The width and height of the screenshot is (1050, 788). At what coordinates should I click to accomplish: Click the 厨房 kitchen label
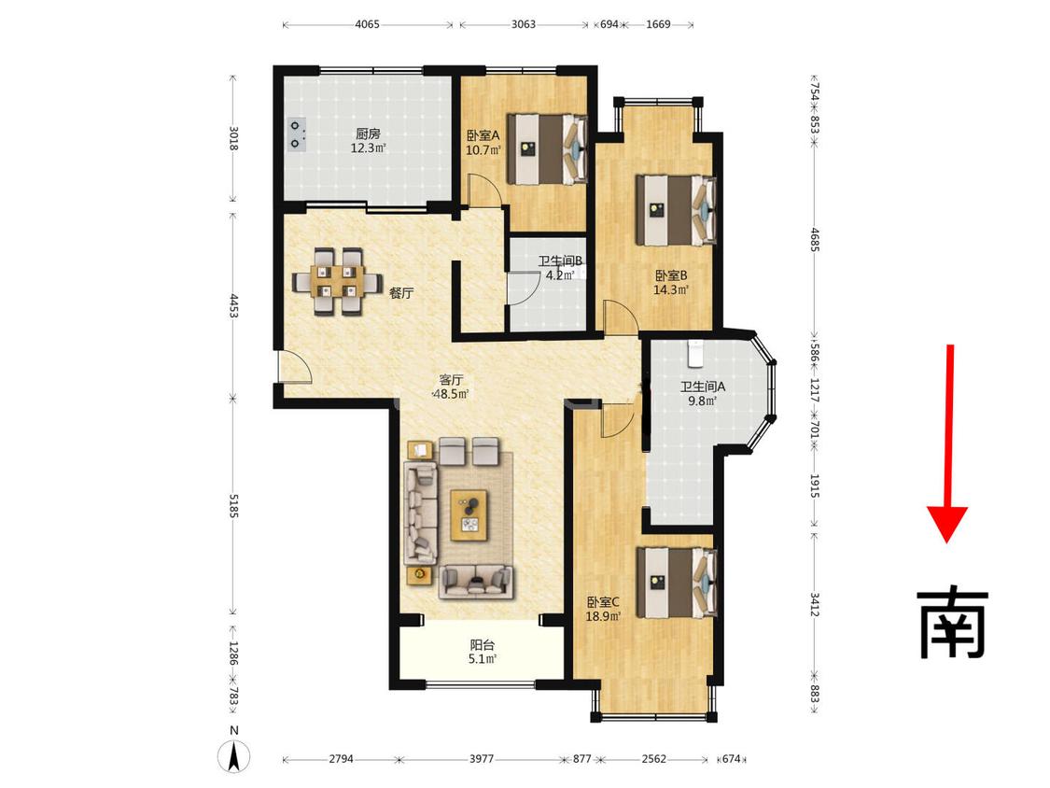coord(368,134)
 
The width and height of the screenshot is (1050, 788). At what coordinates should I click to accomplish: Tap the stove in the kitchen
coord(295,134)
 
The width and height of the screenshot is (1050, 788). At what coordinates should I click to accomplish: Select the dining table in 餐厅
coord(338,281)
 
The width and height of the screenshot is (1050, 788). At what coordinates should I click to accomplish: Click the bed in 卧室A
coord(547,148)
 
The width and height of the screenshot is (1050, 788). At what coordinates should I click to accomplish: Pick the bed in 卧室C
coord(677,583)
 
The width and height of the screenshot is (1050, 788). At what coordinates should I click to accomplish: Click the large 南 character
coord(952,624)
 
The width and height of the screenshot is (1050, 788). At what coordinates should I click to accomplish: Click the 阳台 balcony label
coord(483,645)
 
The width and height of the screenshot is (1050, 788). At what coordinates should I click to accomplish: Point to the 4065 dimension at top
coord(367,24)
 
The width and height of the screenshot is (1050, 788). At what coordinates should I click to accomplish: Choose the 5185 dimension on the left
coord(233,506)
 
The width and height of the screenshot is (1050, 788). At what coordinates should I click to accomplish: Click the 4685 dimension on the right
coord(814,239)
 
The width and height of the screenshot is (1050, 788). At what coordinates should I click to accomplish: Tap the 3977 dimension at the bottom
coord(481,758)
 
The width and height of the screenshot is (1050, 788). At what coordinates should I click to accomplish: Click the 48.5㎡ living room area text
coord(451,394)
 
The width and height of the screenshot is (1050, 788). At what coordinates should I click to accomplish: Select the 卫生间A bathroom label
coord(703,387)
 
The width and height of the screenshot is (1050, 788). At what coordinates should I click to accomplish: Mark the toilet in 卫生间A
coord(696,353)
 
